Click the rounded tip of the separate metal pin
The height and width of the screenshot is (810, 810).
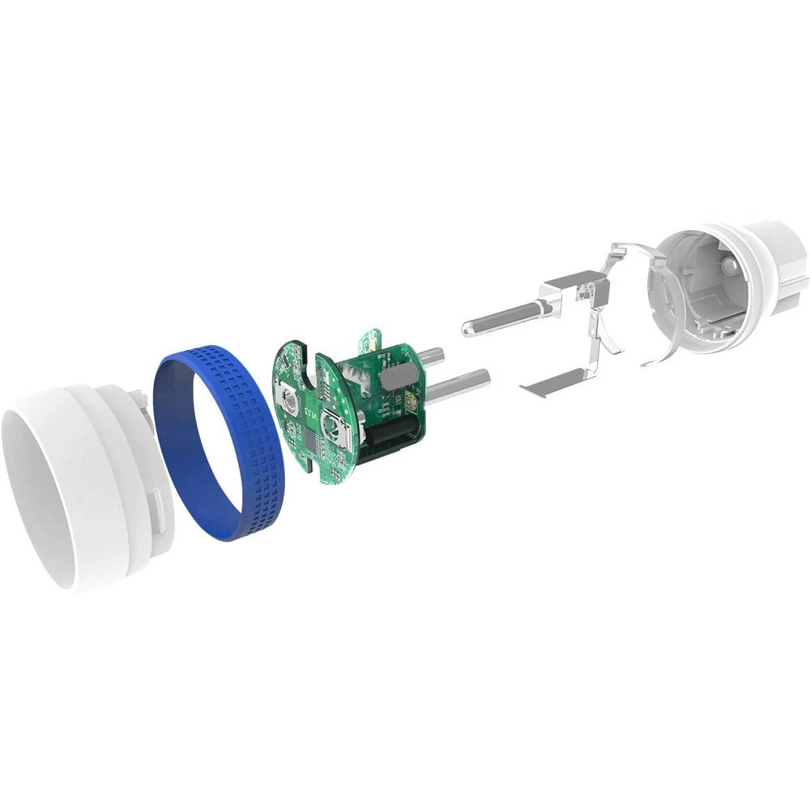pos(468,327)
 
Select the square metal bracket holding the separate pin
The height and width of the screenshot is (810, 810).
pos(567,288)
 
